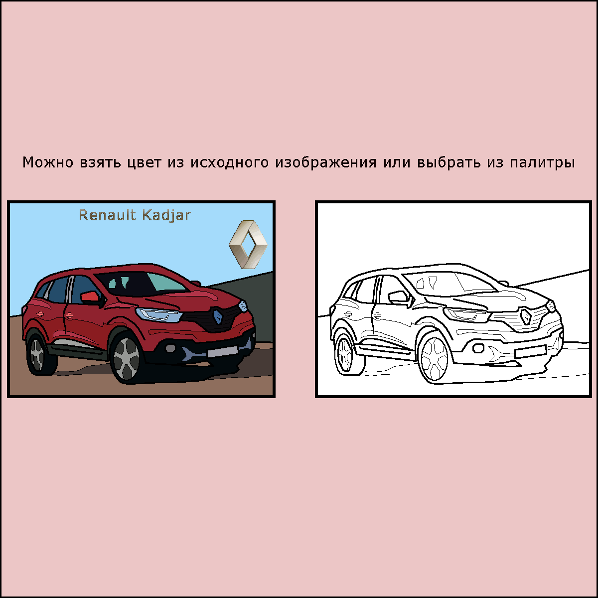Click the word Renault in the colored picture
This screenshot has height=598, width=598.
[x=107, y=215]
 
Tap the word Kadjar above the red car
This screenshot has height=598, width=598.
[x=166, y=216]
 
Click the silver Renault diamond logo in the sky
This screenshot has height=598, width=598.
[x=248, y=245]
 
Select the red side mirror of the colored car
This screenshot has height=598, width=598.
[x=90, y=298]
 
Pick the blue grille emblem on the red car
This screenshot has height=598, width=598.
[x=218, y=316]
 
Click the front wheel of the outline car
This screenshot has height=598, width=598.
[x=434, y=358]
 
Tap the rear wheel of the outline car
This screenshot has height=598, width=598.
[x=345, y=354]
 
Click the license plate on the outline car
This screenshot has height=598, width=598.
[x=530, y=351]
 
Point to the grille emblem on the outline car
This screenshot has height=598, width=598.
[x=526, y=316]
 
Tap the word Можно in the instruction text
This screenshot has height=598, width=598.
[x=48, y=162]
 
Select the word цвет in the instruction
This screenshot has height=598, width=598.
[x=145, y=162]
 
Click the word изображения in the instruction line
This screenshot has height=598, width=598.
[x=326, y=162]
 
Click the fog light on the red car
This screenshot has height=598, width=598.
[x=170, y=348]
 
